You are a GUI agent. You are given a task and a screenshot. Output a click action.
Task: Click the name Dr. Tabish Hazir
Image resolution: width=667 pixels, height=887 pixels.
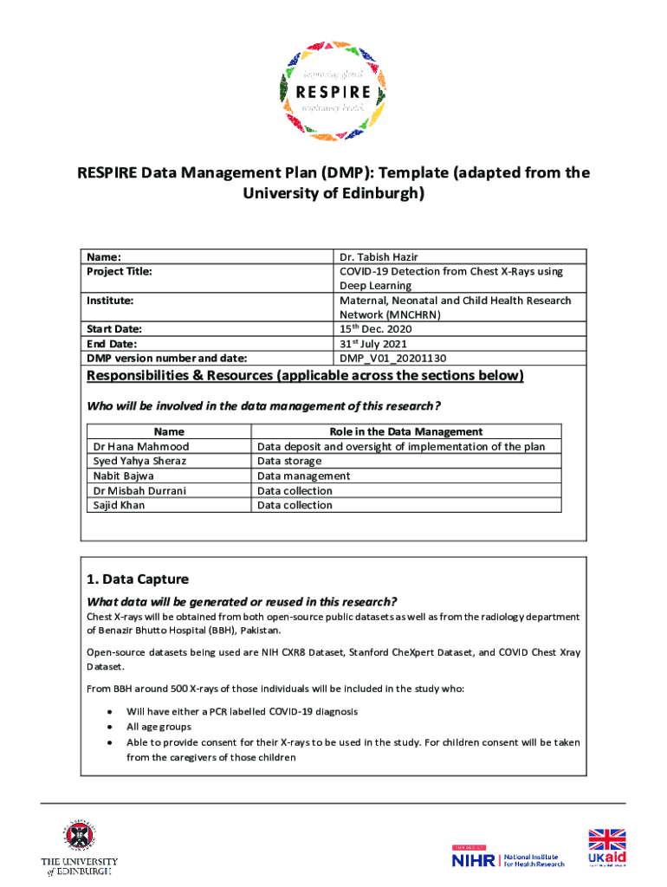[380, 257]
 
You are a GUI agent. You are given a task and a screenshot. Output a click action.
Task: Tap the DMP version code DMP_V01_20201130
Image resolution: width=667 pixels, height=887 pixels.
[392, 358]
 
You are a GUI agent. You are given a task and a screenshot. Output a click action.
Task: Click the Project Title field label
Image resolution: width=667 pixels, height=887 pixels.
[119, 271]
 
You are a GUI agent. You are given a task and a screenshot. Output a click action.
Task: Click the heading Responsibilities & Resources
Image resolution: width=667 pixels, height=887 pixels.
[305, 376]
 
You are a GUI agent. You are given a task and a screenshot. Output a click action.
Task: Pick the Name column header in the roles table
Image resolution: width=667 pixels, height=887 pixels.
[169, 431]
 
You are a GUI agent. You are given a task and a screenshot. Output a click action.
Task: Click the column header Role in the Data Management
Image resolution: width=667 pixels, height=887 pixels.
[405, 431]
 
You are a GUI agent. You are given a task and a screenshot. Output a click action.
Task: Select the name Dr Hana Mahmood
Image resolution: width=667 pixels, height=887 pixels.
[140, 447]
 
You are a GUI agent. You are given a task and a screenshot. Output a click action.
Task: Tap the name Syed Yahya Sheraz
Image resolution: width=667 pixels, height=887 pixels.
[139, 462]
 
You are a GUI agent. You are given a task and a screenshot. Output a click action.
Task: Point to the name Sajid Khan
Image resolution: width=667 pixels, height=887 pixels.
[119, 505]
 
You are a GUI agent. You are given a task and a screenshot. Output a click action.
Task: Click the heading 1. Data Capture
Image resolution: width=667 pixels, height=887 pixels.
[138, 579]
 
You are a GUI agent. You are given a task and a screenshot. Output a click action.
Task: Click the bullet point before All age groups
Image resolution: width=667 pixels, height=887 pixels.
[108, 728]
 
